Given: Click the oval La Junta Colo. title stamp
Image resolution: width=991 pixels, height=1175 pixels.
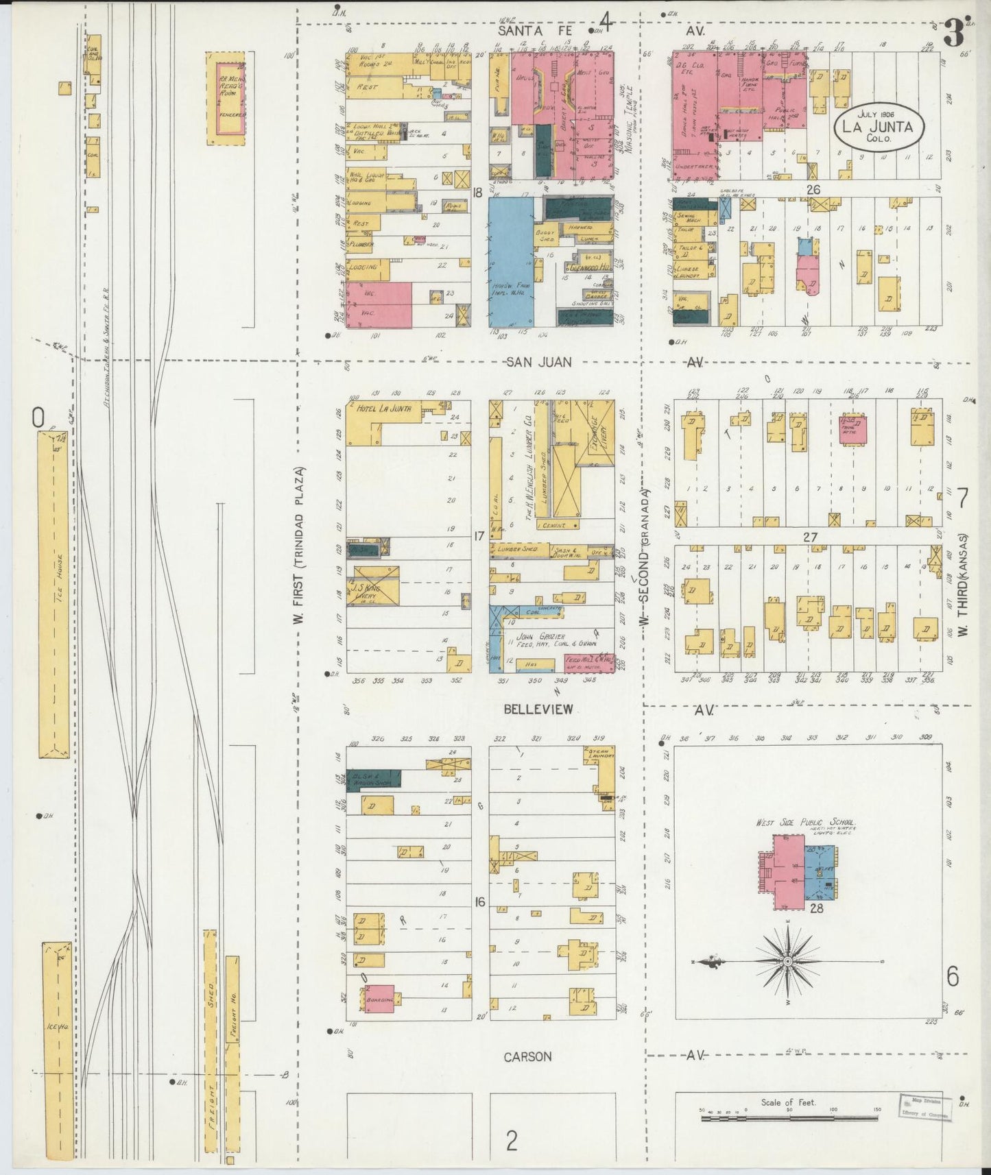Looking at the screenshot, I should point(879,127).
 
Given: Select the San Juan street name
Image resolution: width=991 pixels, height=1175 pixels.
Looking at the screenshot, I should point(538,362).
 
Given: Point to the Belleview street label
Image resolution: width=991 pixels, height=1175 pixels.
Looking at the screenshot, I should point(538,710).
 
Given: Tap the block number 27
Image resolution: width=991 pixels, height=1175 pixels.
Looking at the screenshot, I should point(810,537).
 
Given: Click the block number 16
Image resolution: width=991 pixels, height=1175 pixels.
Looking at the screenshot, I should point(479,902).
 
